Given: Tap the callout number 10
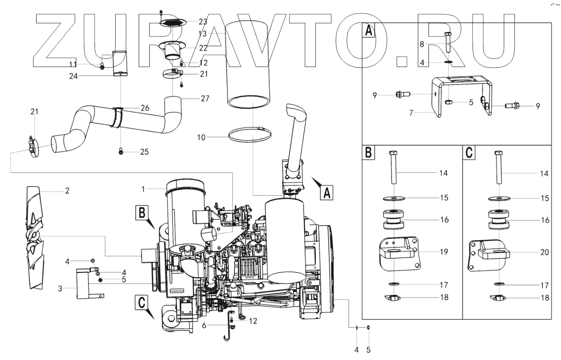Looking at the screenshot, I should [201, 138].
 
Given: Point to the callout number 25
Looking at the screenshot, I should [144, 152].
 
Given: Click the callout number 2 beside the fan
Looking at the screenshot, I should [67, 190].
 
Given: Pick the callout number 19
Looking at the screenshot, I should [444, 252].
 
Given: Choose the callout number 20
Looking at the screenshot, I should [545, 252].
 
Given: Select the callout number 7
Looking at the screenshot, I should [412, 112].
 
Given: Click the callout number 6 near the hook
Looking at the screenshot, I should [204, 325].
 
